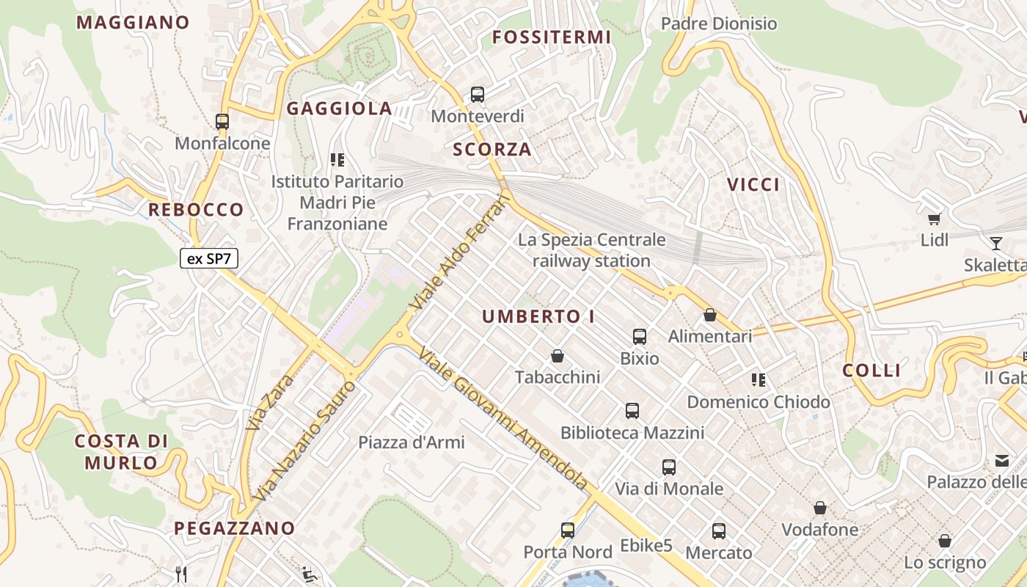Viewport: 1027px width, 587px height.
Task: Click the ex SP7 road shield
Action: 209,258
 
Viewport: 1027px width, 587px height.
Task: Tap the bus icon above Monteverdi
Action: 478,94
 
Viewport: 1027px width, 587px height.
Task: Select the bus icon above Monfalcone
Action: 222,121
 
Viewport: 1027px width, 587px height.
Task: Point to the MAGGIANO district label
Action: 133,23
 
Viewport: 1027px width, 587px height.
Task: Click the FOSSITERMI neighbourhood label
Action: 551,37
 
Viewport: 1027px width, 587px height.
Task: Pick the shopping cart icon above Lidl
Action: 935,218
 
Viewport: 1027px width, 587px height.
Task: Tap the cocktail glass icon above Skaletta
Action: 996,243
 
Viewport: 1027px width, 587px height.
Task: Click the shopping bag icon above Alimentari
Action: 710,315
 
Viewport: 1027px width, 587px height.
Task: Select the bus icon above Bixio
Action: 640,337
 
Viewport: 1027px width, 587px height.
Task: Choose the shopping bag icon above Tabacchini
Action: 558,356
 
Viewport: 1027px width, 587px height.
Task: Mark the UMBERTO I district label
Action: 538,317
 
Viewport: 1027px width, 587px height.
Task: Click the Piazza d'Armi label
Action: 412,442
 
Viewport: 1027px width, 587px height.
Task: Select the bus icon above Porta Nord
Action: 568,530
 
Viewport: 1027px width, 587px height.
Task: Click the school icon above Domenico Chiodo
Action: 759,380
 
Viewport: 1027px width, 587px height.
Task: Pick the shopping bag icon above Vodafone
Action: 820,508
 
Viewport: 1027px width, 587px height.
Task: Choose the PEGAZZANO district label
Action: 234,528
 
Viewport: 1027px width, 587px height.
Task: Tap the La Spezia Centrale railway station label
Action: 592,250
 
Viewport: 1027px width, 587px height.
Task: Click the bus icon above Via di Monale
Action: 669,467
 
